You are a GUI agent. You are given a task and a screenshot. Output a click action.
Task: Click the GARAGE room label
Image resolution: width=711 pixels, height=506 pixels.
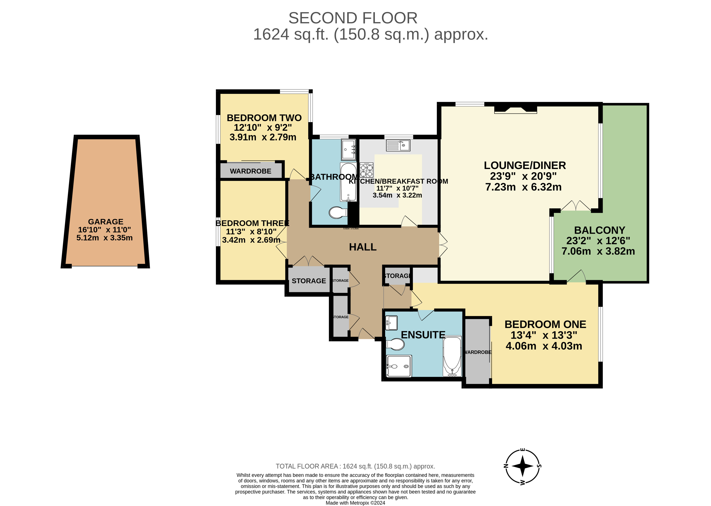pos(106,222)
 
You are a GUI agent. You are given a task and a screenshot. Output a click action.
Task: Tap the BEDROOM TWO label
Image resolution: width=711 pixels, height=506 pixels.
pos(264,118)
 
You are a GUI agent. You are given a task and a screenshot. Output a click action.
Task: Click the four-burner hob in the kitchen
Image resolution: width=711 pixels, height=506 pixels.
pos(366,170)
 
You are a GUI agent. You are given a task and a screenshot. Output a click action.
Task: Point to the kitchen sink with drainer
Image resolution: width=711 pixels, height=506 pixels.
pos(398,145)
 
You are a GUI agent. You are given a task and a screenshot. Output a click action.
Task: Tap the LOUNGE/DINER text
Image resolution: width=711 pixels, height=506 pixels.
pos(524,165)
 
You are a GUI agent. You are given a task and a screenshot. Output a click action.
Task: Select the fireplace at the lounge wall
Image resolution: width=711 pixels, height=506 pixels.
pos(516,109)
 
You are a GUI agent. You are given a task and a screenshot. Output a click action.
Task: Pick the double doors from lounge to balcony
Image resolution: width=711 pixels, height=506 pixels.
pos(576,206)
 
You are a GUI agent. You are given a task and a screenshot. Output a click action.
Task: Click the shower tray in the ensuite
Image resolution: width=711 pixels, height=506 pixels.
pos(399,366)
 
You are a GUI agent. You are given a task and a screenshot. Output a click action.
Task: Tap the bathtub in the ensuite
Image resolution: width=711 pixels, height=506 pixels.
pos(452,356)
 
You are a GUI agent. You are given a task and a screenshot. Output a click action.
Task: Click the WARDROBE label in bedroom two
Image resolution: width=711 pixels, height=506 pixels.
pos(250,171)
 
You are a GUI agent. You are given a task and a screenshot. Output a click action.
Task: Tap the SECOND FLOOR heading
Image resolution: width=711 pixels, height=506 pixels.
pos(353,18)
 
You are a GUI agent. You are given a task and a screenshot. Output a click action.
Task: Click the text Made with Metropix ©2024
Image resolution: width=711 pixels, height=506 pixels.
pos(355,503)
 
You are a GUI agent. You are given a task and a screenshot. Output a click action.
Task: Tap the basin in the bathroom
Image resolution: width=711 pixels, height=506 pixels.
pos(348,149)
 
